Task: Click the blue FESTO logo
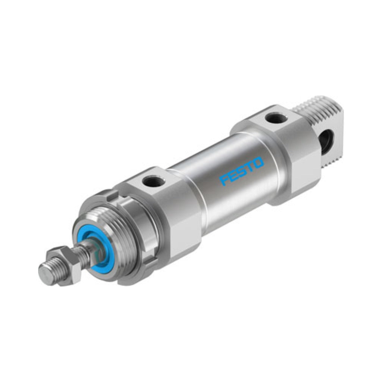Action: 242,171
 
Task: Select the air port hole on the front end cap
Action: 153,181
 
